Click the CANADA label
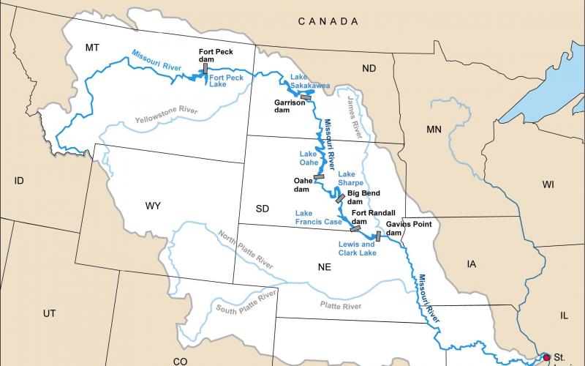click(x=328, y=22)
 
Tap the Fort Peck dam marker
click(x=205, y=68)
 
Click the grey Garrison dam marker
click(x=306, y=96)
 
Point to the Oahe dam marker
click(x=319, y=176)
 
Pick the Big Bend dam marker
click(x=340, y=198)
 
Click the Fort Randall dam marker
click(x=356, y=228)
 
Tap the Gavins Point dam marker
click(x=378, y=236)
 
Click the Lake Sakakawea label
click(x=310, y=81)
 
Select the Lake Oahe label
click(x=309, y=158)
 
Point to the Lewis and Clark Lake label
click(x=357, y=248)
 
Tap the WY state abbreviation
click(x=153, y=206)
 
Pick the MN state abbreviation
click(x=434, y=130)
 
